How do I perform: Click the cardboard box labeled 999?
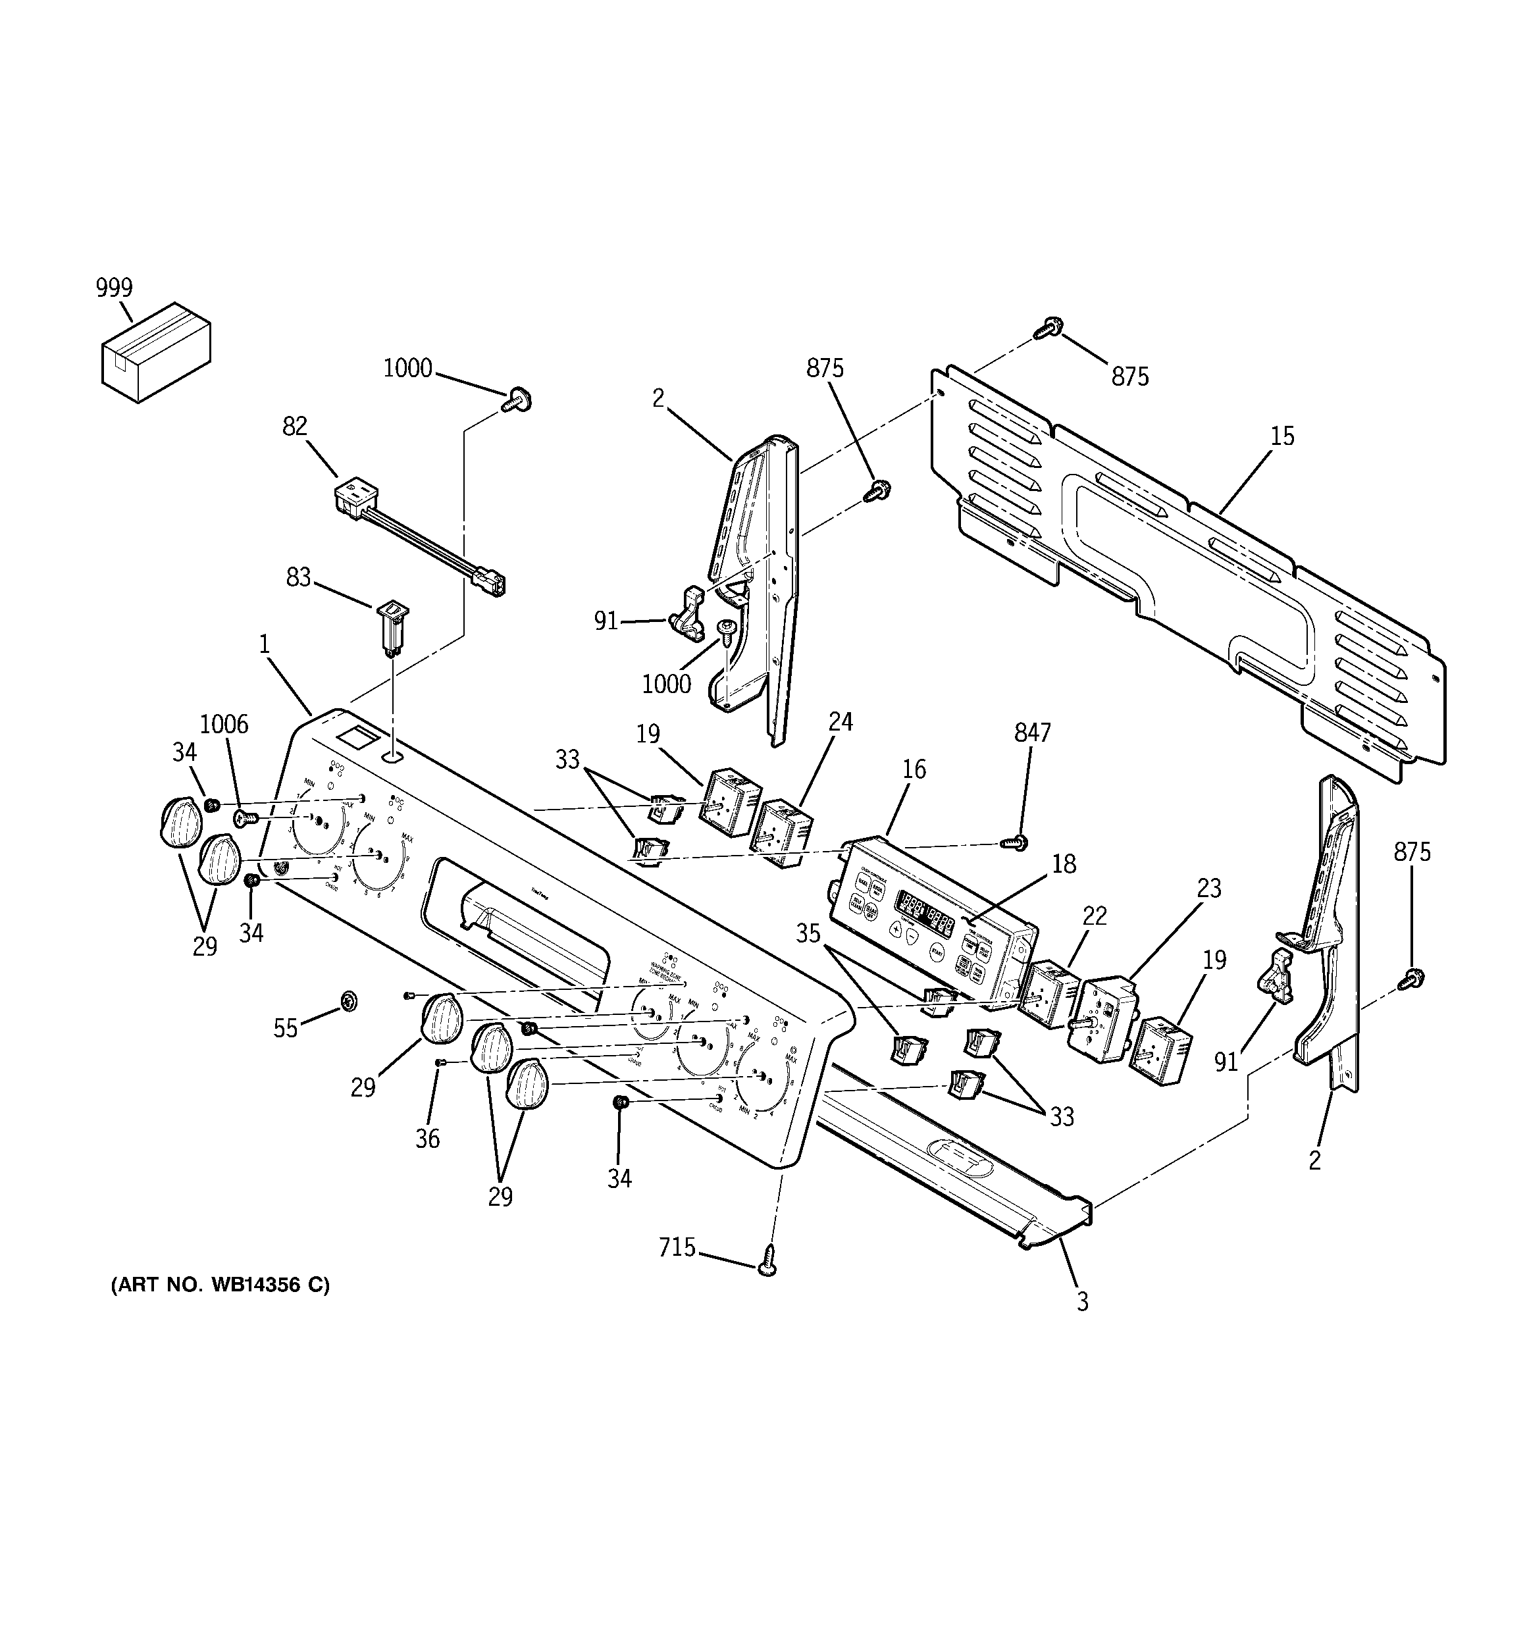point(156,351)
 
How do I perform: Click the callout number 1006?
point(224,725)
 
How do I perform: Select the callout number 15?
point(1282,437)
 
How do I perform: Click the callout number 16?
point(914,769)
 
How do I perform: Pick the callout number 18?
point(1063,864)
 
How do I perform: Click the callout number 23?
point(1209,889)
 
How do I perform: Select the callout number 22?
point(1094,916)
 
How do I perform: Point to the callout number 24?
point(840,722)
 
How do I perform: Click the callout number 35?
point(808,934)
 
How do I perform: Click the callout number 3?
point(1082,1301)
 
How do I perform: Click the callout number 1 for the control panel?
point(264,645)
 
